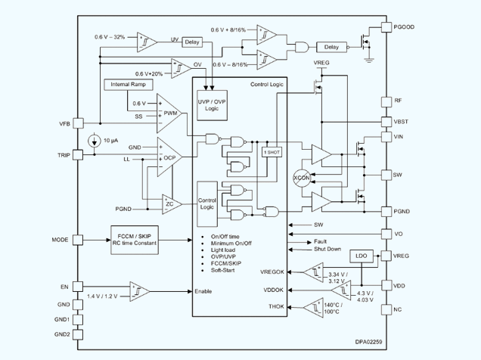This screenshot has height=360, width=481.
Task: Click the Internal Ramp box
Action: (129, 85)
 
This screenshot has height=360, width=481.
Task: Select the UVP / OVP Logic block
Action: (212, 105)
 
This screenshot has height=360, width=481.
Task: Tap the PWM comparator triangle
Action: (169, 113)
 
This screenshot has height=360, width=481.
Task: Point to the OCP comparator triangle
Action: (169, 157)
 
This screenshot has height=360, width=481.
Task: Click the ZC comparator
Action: (172, 204)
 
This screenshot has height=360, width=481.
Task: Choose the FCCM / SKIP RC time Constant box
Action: (135, 240)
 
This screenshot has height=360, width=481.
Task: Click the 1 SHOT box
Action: (272, 152)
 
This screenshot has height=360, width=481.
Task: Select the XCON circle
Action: (302, 178)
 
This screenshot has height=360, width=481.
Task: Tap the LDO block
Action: (362, 256)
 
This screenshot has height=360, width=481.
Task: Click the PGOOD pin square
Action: (386, 27)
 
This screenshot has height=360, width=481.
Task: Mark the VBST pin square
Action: (386, 122)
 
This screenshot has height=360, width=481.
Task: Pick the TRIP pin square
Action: (78, 155)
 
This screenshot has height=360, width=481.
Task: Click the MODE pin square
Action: (78, 240)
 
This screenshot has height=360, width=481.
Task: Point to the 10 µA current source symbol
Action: (95, 141)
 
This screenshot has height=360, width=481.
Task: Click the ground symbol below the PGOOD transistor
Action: (369, 60)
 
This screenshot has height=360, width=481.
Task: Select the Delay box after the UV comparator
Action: (192, 42)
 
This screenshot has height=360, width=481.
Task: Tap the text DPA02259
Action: (369, 342)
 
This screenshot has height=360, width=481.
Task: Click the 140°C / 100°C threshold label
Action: (333, 309)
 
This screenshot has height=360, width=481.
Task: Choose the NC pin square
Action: (386, 309)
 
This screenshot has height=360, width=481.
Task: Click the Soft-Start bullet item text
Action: (222, 270)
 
